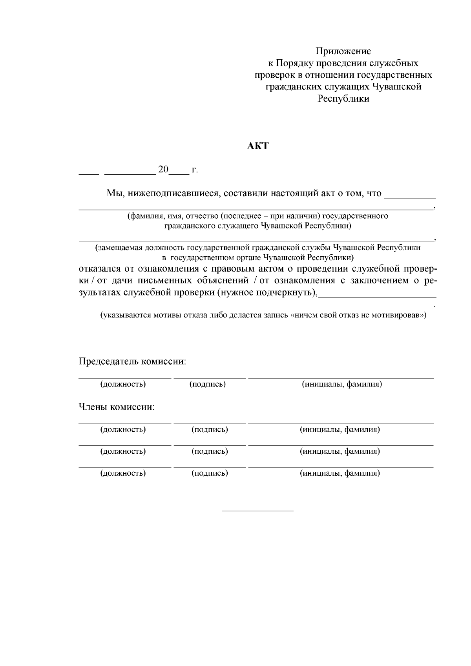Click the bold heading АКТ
pos(258,146)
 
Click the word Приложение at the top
pos(343,51)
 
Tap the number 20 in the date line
pos(163,170)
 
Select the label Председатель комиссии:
pos(132,361)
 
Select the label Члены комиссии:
pos(117,407)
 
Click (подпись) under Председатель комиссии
pos(207,384)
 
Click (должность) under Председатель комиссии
pos(123,384)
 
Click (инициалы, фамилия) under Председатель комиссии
pos(341,384)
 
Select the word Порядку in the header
pos(293,63)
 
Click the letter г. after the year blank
pos(195,170)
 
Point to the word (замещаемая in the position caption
pos(119,248)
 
